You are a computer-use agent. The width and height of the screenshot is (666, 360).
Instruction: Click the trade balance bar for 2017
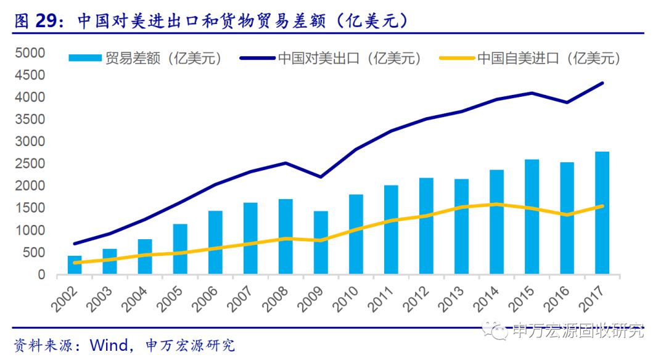point(602,213)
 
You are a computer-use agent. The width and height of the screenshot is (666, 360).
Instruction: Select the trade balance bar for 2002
point(75,265)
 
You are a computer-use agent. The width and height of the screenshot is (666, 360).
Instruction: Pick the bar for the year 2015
point(532,217)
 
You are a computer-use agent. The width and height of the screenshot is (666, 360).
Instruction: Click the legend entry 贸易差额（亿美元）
point(145,59)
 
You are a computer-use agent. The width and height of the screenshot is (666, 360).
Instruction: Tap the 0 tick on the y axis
point(41,274)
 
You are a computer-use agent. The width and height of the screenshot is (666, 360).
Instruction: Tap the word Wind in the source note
point(109,345)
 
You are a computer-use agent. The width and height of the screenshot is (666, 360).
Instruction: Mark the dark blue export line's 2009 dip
point(321,177)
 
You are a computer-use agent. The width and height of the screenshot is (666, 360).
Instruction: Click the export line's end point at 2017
point(602,83)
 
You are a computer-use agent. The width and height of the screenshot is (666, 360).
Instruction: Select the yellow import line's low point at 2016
point(567,215)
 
